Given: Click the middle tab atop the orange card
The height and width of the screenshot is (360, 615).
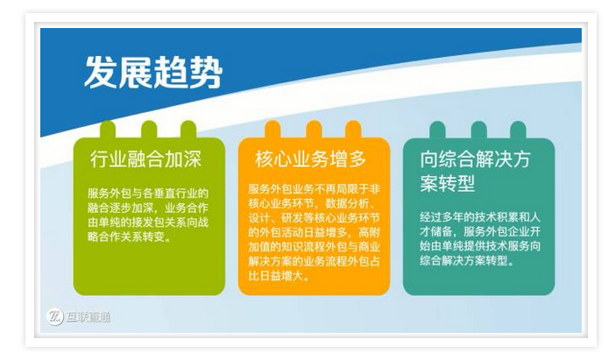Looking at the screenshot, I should coord(313,130).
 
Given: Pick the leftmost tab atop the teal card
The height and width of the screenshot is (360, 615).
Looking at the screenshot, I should coord(436,130).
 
